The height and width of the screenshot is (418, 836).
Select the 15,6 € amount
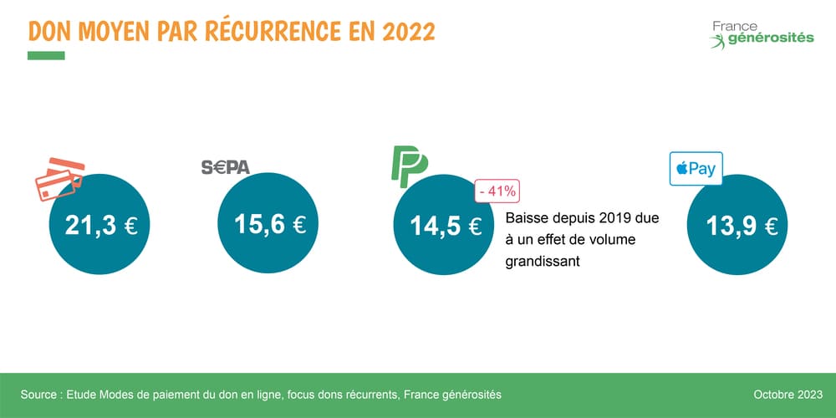tap(269, 225)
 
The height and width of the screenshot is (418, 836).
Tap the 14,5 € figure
tap(445, 227)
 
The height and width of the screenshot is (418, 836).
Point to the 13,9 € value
tap(742, 226)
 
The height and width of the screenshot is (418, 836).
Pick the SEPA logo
tap(226, 167)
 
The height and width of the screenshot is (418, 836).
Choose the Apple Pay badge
tap(696, 169)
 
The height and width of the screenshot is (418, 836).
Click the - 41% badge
tap(497, 191)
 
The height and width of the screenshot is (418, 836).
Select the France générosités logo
tap(761, 33)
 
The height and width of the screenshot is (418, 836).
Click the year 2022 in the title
tap(409, 31)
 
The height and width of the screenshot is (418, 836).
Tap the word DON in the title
tap(49, 31)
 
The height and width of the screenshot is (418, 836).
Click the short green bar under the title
tap(46, 56)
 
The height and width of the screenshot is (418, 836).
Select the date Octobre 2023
tap(788, 394)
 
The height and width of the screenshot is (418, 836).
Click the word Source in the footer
tap(39, 394)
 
